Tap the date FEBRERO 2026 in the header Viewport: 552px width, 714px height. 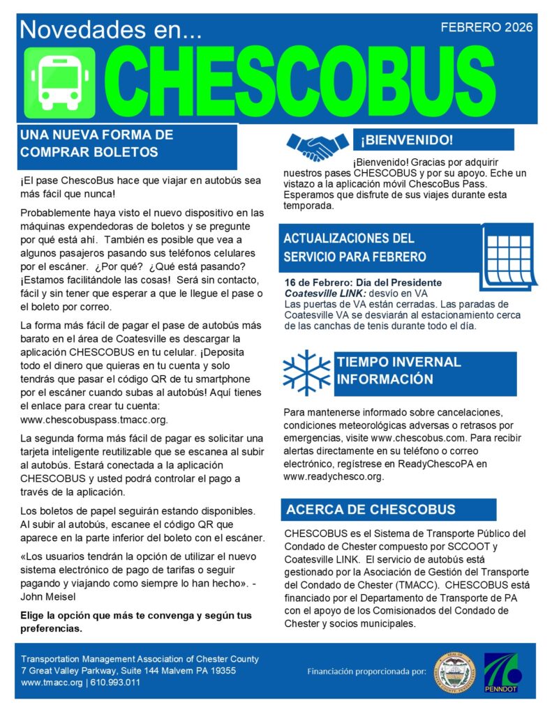[486, 28]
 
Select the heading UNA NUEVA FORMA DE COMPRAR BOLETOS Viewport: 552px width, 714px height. [98, 143]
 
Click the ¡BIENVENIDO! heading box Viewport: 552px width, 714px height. [407, 140]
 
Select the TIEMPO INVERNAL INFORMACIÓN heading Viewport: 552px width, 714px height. [398, 371]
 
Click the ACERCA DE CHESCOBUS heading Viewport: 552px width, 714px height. [370, 510]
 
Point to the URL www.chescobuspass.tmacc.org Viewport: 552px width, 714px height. [94, 420]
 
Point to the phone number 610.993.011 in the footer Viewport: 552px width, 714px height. [112, 683]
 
